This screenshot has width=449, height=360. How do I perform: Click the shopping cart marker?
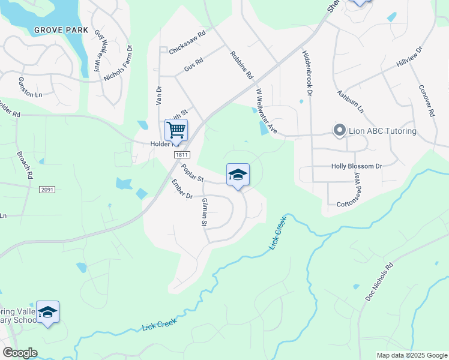coord(176,130)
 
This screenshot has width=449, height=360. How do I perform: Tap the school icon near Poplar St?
coord(238,175)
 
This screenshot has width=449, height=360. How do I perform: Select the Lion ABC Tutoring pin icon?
coord(339,130)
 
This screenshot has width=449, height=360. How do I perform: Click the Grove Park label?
coord(61,30)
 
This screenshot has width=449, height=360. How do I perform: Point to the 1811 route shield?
coord(183,155)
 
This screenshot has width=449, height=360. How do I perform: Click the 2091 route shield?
coord(47,190)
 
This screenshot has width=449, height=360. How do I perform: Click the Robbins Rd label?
coord(243,65)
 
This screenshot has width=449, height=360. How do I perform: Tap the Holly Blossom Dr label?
coord(357,166)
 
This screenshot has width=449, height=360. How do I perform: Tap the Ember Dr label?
coord(181,190)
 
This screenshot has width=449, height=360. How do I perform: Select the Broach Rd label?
coord(25,164)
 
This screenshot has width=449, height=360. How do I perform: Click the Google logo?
coord(20,353)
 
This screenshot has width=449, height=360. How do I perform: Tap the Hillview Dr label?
coord(410,58)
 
